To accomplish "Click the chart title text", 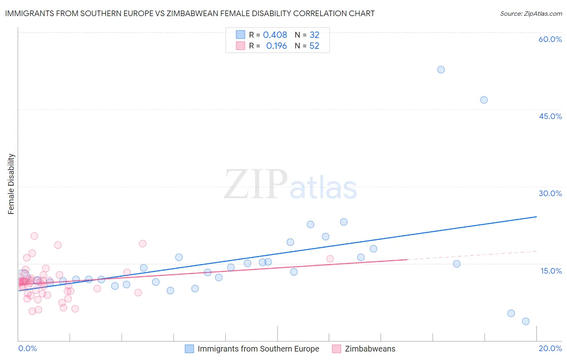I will [190, 14].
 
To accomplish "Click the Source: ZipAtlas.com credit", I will [531, 14].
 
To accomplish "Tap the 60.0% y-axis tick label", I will [550, 39].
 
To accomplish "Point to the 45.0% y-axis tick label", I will [550, 116].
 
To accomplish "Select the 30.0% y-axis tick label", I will [550, 193].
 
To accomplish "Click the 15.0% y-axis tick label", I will [551, 271].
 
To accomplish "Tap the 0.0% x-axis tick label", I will [27, 348].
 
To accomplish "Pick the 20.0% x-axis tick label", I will [550, 348].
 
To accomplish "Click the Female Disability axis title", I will [11, 184].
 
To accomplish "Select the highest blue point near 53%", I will [441, 69].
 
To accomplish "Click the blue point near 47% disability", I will [484, 100].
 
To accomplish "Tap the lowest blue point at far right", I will [525, 321].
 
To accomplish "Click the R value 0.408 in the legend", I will [275, 35].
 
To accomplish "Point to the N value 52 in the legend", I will [314, 46].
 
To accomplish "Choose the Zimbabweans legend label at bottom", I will [370, 349].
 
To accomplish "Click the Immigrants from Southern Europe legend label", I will [258, 349].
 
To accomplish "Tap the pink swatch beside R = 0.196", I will [240, 46].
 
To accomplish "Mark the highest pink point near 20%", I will [34, 236].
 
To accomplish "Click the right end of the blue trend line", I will [536, 217].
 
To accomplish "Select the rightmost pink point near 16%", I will [330, 259].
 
